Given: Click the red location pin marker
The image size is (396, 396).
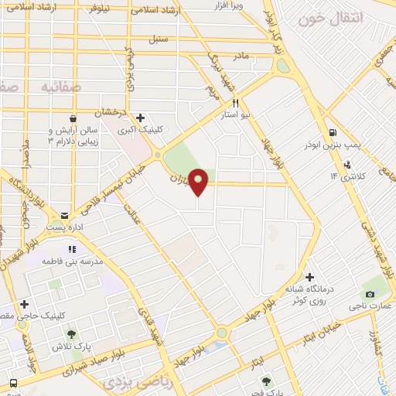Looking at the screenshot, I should pos(199,181).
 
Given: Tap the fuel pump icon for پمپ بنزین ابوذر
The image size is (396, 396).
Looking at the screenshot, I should pos(333,132).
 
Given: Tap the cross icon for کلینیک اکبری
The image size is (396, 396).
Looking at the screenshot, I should pos(140,118).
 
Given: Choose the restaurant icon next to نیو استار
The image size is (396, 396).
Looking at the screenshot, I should pos(235,102).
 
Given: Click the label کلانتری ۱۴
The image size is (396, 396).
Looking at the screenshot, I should pos(346,176).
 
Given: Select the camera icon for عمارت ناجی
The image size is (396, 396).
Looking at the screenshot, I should pos(370,294).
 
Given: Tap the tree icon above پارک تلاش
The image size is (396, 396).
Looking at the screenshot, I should pos(71,334).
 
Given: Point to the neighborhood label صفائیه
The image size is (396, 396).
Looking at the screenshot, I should pos(46,86).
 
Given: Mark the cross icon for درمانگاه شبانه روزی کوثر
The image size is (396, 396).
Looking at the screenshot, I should pos(309,277).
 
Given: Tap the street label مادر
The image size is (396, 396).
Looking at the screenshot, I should pos(240,56).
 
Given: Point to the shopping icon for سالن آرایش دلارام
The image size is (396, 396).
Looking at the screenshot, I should pos(72,118).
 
